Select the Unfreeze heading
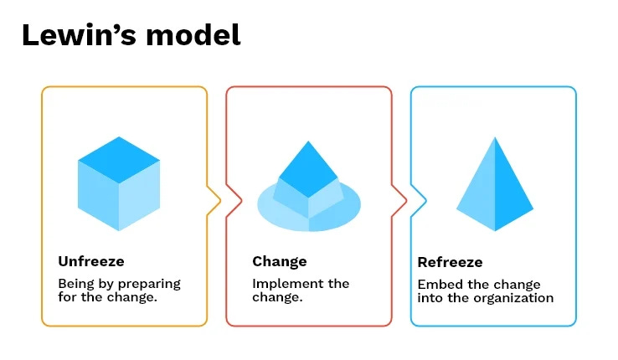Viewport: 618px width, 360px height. pos(91,261)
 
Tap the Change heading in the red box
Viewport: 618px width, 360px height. pos(280,261)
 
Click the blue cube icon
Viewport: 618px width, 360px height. pos(119,183)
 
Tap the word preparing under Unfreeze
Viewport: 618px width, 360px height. pos(149,284)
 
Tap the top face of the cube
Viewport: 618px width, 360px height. pos(119,159)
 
